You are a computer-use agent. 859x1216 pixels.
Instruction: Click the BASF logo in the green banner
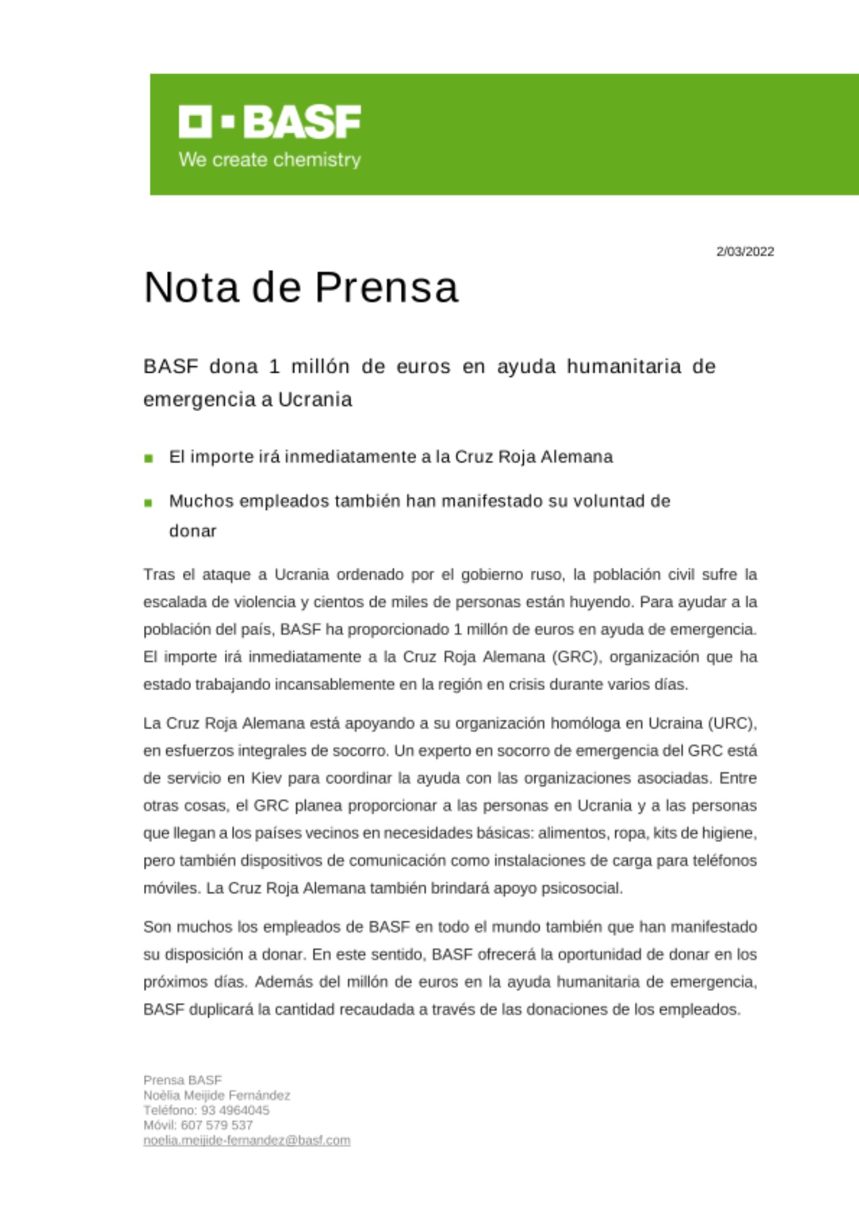coord(270,122)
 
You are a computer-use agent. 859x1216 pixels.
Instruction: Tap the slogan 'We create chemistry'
coord(270,160)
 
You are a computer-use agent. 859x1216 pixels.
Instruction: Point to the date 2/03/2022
coord(745,252)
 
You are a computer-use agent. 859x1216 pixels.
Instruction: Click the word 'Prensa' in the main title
coord(386,287)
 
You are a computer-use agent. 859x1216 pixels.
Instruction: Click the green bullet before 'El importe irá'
coord(149,458)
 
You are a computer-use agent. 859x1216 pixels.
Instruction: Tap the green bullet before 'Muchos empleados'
coord(149,503)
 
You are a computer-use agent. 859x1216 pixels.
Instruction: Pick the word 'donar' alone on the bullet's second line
coord(193,531)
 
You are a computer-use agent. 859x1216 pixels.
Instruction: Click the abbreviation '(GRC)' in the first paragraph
coord(577,657)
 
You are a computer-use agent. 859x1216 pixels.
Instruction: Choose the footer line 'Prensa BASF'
coord(183,1080)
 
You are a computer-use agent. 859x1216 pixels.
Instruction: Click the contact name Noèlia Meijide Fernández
coord(217,1096)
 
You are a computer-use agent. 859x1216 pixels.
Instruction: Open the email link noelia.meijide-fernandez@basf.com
coord(247,1141)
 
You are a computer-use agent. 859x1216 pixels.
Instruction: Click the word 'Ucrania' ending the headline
coord(315,399)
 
